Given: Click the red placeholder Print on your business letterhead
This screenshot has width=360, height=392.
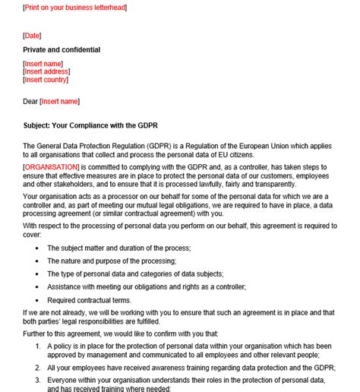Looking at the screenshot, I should [75, 8].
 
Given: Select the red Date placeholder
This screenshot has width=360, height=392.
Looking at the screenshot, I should [32, 36].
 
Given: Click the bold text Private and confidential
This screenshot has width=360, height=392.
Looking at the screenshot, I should [62, 50].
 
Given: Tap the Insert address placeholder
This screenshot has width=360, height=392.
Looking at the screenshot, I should [49, 71].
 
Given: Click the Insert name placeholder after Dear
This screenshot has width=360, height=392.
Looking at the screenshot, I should [60, 101].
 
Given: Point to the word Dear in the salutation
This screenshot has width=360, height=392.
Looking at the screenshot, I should [31, 101].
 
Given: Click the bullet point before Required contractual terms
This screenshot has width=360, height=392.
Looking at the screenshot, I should [36, 299].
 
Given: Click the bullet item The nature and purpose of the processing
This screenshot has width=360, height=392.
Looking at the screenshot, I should [111, 261].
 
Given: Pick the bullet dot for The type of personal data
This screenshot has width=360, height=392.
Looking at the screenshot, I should [36, 273].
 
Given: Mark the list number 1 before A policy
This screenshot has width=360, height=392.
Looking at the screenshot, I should [37, 346].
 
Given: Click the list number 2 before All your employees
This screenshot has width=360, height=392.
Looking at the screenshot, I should [37, 367].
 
